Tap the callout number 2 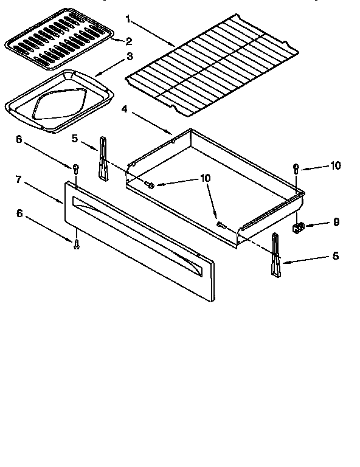tap(128, 41)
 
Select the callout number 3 tap(129, 58)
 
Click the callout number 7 tap(18, 179)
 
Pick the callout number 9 tap(336, 223)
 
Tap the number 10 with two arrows tap(206, 178)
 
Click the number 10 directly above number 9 tap(336, 165)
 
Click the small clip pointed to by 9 tap(297, 228)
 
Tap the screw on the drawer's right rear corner tap(296, 167)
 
